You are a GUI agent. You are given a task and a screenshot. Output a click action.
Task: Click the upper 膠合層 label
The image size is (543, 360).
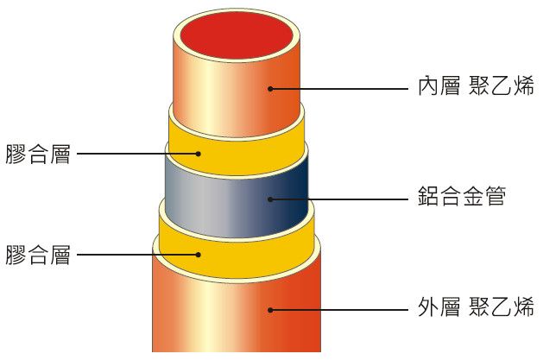point(38,154)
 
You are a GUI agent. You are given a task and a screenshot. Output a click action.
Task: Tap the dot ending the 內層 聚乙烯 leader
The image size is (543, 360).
point(270,88)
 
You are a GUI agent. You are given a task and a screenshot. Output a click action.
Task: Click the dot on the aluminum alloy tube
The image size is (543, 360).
point(270,199)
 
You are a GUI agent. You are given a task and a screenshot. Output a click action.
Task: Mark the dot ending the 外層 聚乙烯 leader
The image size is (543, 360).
point(270,309)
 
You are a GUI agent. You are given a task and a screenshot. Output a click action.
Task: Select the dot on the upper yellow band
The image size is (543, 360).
point(199,154)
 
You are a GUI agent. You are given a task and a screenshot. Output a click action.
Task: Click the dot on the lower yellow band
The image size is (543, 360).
point(199,254)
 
